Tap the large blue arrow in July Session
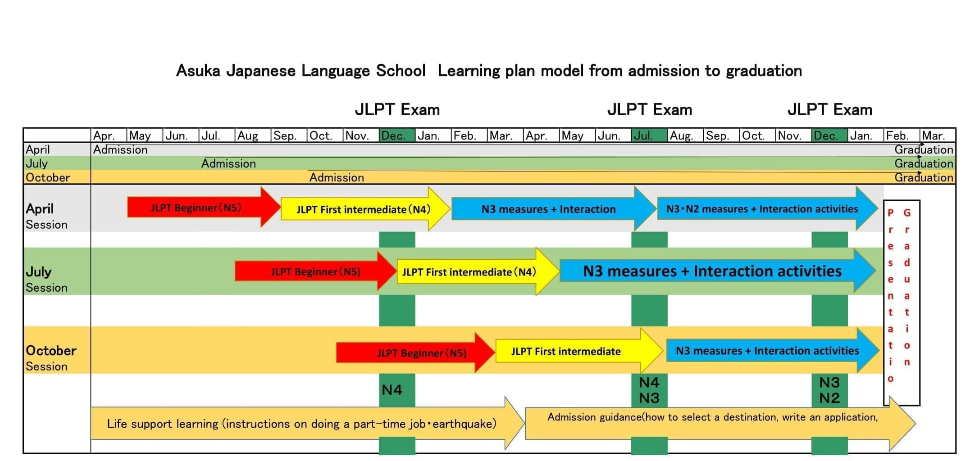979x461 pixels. click(x=712, y=271)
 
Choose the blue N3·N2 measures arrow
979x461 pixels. click(x=762, y=209)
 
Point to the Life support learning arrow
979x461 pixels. click(x=302, y=424)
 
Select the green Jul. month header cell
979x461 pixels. click(x=649, y=136)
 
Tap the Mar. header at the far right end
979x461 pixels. click(x=933, y=136)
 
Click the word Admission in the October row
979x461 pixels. click(x=337, y=177)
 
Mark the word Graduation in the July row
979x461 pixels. click(x=924, y=163)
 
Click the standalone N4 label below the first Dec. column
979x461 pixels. click(x=392, y=390)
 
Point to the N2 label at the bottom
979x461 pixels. click(x=829, y=398)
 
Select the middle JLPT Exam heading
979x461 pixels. click(x=649, y=109)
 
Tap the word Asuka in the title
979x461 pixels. click(x=198, y=71)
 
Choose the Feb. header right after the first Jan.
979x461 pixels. click(x=464, y=136)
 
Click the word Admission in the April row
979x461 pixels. click(x=120, y=149)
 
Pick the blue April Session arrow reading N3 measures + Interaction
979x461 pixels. click(x=548, y=209)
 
